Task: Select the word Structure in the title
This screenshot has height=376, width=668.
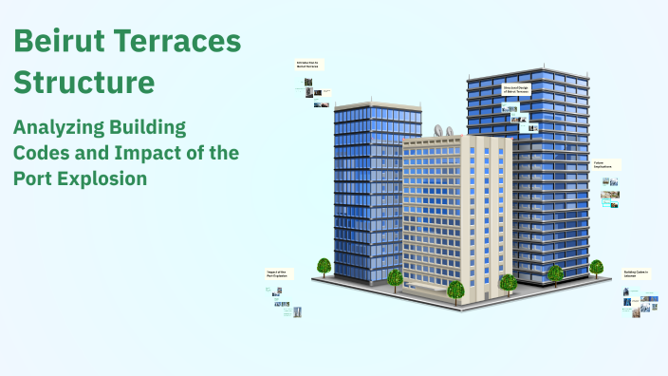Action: (x=83, y=83)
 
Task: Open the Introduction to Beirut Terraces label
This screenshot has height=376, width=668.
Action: (x=308, y=65)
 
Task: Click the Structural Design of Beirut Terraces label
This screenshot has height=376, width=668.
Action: (x=515, y=90)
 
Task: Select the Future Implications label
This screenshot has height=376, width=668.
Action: (x=605, y=164)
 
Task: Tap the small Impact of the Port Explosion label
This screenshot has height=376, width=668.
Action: (x=278, y=273)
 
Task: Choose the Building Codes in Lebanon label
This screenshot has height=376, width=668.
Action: (x=635, y=273)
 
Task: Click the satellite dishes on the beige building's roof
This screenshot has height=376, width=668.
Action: (x=442, y=131)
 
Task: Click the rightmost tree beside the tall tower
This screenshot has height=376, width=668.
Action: (x=596, y=267)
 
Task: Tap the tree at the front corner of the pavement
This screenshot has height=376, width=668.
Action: (x=456, y=289)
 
